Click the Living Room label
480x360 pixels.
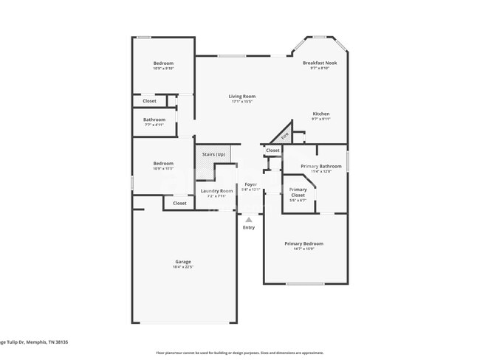coord(241,96)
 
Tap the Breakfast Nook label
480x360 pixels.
coord(320,63)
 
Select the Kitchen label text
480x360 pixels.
coord(320,114)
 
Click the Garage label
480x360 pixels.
coord(183,262)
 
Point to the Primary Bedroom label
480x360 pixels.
coord(304,243)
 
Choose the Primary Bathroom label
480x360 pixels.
coord(320,166)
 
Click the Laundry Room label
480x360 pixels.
coord(216,191)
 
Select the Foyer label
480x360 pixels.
coord(250,184)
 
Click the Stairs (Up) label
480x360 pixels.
coord(213,154)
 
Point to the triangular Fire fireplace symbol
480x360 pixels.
coord(283,136)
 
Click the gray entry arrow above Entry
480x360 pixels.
coord(249,219)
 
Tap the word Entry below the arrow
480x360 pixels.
coord(249,227)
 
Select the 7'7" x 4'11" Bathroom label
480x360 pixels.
coord(154,125)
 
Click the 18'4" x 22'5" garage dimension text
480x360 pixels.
coord(183,267)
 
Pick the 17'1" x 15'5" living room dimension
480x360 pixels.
coord(241,101)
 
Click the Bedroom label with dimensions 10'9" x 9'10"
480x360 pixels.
coord(163,63)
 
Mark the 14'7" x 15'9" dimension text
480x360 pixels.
coord(304,249)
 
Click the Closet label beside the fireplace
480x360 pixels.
coord(272,150)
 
